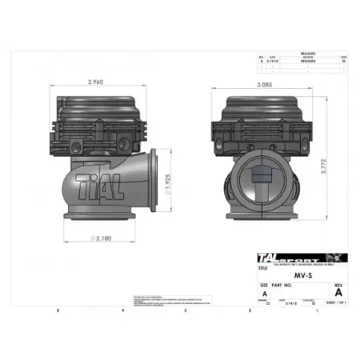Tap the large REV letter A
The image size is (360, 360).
[340, 293]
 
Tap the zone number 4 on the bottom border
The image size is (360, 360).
[122, 309]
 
